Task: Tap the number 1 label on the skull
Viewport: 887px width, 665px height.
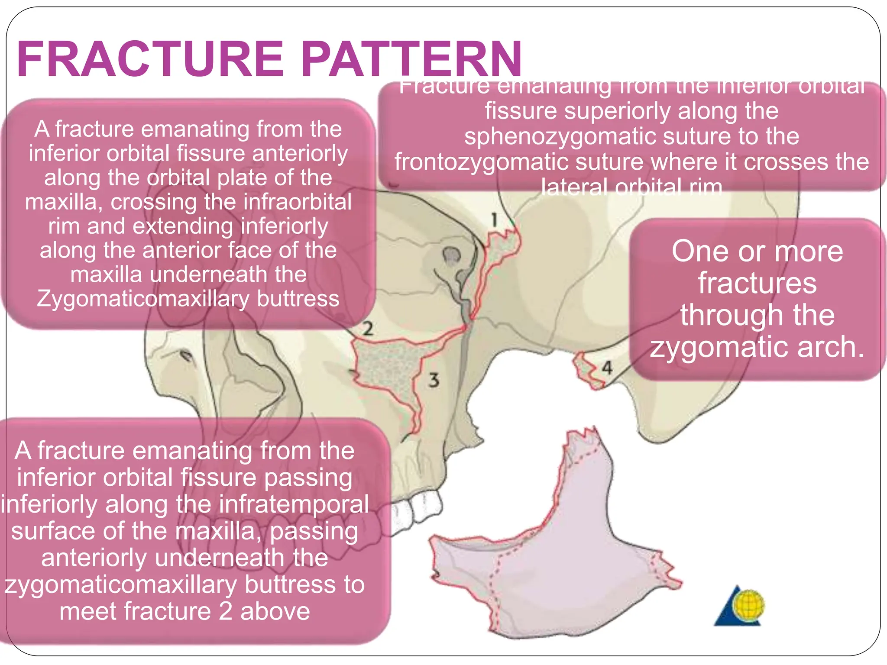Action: tap(494, 220)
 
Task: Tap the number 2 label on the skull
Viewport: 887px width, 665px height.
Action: tap(368, 329)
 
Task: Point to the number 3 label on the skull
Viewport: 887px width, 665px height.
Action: tap(434, 381)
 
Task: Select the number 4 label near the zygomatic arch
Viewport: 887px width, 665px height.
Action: tap(607, 368)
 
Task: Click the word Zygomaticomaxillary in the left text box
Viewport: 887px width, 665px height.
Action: tap(143, 299)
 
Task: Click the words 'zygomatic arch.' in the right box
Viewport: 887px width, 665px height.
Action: tap(757, 347)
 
